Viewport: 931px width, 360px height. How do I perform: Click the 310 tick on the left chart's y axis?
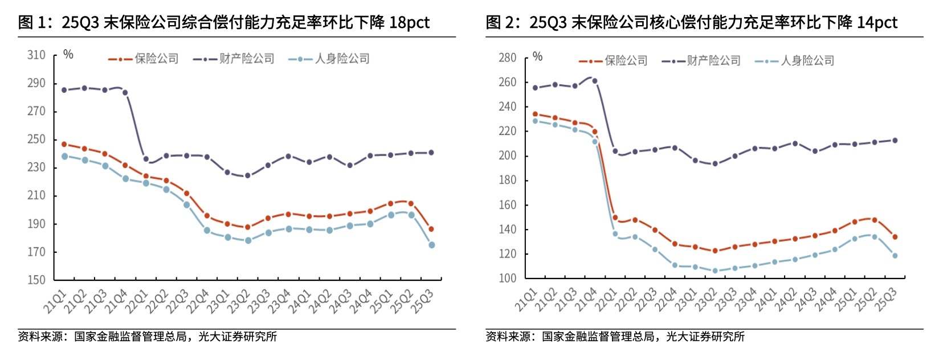[x=36, y=55]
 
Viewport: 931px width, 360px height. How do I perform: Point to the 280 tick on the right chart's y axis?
[x=507, y=58]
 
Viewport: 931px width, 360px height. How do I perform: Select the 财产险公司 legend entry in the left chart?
[x=246, y=59]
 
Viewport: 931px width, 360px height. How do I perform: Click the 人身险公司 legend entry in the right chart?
[x=807, y=60]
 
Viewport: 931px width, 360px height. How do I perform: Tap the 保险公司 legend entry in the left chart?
[x=156, y=59]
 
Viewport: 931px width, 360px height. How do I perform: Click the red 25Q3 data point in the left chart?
[x=431, y=229]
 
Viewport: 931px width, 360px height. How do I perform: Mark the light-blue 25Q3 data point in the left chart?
[x=432, y=245]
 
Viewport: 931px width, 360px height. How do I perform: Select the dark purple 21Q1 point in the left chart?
[x=64, y=90]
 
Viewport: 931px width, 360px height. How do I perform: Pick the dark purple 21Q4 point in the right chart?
[x=595, y=81]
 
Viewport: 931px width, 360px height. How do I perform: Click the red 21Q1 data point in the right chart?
[x=535, y=114]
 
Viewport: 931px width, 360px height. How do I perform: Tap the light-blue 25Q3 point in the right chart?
[x=895, y=256]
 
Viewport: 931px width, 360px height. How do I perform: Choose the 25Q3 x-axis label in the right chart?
[x=885, y=300]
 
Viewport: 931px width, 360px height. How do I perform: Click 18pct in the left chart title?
[x=409, y=23]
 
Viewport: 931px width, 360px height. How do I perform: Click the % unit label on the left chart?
[x=68, y=55]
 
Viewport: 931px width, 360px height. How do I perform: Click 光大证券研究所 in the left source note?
[x=238, y=337]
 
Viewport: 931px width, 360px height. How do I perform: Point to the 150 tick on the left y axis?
[x=36, y=280]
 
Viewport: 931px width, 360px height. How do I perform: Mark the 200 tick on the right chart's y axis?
[x=507, y=156]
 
